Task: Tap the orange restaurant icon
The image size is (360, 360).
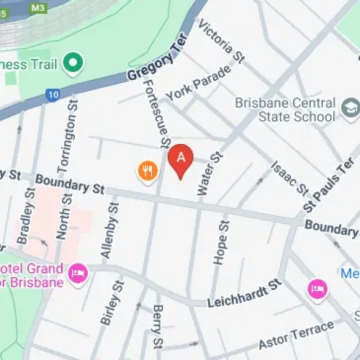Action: tap(148, 171)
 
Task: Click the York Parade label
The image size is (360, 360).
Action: tap(198, 84)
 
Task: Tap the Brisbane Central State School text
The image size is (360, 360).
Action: tap(285, 109)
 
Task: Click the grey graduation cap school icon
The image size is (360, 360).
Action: tap(351, 109)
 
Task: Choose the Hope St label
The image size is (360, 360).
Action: tap(222, 242)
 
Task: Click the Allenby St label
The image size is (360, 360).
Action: tap(109, 231)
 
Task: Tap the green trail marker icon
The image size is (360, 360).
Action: tap(72, 63)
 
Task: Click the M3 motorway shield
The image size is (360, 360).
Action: tap(37, 7)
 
